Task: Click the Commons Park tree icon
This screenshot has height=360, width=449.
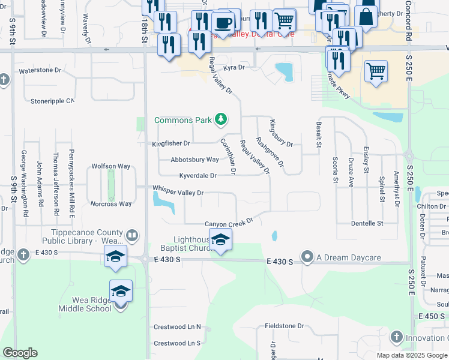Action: (x=221, y=120)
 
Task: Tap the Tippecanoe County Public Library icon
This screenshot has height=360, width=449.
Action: (x=132, y=236)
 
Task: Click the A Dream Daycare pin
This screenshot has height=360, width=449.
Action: (x=308, y=257)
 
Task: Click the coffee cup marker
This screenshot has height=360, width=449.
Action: (x=223, y=23)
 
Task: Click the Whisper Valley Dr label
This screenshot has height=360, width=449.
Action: (x=178, y=193)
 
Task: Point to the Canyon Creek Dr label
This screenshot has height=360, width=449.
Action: (x=229, y=224)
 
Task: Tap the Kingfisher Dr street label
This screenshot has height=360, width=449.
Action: (x=171, y=143)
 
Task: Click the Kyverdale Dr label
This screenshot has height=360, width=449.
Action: (x=197, y=176)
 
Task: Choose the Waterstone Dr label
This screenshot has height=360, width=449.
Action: (x=40, y=70)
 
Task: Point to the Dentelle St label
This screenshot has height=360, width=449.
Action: (x=367, y=223)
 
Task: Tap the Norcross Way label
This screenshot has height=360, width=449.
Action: (x=111, y=204)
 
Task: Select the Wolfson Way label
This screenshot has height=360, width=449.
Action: (x=110, y=166)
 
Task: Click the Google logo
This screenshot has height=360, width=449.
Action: (x=20, y=352)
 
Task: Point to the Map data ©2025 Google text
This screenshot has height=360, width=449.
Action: (x=411, y=355)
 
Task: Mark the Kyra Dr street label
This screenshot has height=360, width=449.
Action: (x=235, y=68)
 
